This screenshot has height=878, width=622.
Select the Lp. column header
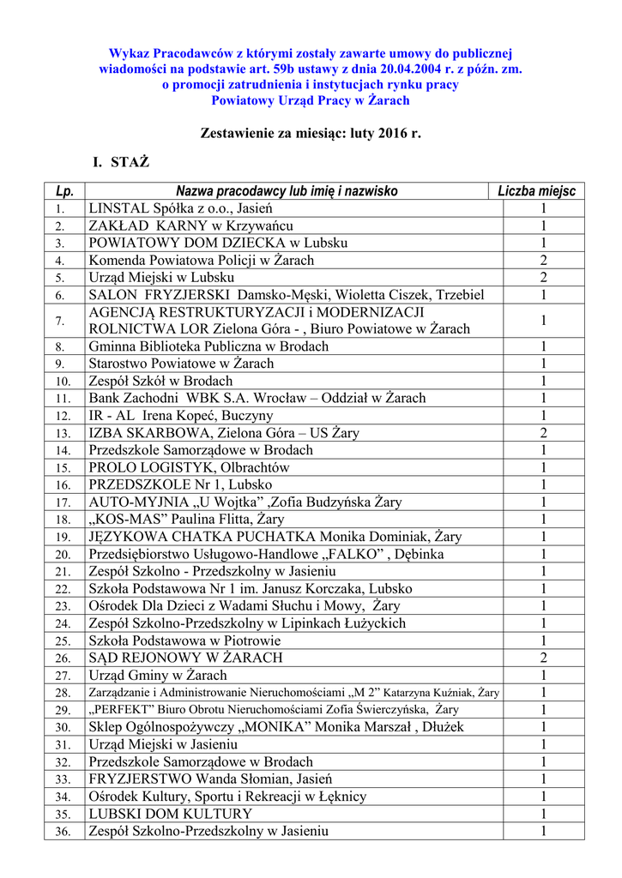63,191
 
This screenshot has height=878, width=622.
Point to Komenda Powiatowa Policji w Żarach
202,260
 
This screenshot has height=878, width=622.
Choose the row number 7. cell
59,321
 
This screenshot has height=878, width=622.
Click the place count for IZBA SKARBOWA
543,433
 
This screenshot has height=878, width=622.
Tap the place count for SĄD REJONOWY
543,658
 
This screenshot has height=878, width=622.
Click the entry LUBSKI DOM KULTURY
171,814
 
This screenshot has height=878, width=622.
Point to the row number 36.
60,831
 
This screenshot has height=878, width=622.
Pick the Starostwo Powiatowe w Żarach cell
181,364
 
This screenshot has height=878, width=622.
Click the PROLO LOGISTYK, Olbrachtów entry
189,467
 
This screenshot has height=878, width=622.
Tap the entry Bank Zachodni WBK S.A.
257,398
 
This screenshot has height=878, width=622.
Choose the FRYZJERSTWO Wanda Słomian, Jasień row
205,779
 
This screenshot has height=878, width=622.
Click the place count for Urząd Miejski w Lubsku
543,278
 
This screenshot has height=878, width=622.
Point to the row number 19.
60,537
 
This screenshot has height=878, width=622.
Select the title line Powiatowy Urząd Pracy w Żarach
311,100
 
